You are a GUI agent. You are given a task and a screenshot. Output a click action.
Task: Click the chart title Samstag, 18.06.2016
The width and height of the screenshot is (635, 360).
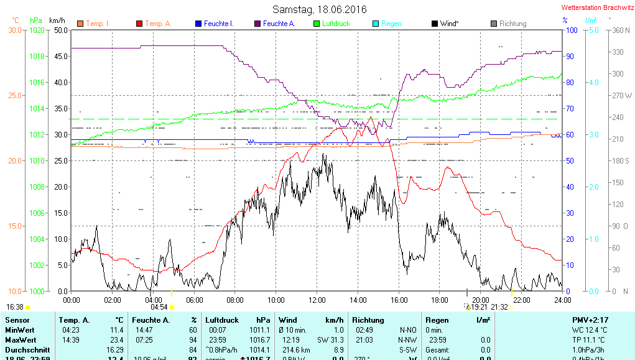coord(320,9)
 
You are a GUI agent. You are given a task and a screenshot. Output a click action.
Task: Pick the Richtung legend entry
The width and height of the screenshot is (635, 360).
coord(512,24)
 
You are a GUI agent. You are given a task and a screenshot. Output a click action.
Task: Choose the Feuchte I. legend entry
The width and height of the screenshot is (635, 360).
coord(218,24)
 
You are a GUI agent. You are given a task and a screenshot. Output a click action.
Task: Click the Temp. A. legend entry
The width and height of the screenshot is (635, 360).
coord(158,24)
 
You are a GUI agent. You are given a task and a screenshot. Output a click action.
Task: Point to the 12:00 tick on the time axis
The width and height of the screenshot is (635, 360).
coord(317,300)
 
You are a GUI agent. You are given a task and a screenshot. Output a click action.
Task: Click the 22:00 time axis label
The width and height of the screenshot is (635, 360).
coord(521,300)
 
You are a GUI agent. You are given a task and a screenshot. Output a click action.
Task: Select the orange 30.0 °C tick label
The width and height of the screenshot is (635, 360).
coord(15,30)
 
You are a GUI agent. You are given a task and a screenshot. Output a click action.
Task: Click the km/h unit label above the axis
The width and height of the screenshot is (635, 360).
coord(57,21)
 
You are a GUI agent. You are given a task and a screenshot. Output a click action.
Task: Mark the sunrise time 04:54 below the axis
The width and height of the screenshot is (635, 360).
coord(159,307)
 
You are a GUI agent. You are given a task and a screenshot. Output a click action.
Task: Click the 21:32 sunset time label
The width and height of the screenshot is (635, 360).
coord(499,307)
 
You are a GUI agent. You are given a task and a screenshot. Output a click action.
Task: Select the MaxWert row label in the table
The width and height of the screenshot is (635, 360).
coord(19,340)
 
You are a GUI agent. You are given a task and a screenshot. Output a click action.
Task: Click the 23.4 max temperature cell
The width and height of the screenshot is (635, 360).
coord(116,340)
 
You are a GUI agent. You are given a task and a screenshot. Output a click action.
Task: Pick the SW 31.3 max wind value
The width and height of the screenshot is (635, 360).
coord(330,340)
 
